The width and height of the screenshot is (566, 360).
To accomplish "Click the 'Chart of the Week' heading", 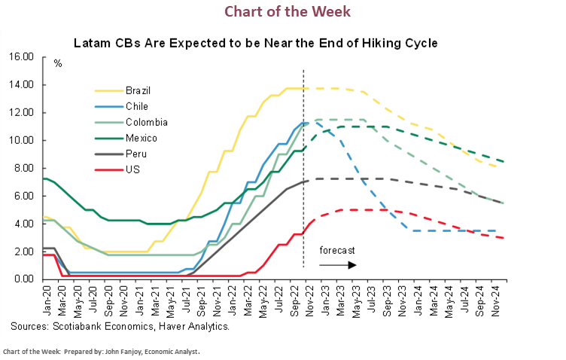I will point(287,12).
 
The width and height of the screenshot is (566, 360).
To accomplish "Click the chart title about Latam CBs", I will point(255,43).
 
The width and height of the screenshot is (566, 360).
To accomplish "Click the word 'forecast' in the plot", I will point(336,250).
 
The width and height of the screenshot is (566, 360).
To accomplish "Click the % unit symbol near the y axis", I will point(58,63).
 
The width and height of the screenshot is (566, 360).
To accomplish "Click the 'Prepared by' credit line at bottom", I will point(102,351).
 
